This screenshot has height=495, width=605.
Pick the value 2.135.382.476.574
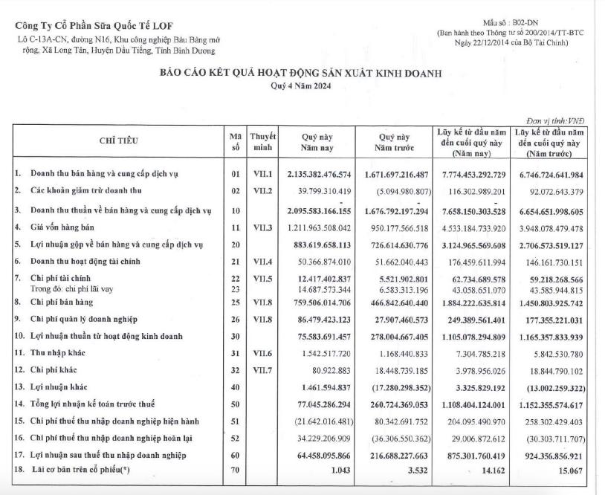(x=318, y=174)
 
